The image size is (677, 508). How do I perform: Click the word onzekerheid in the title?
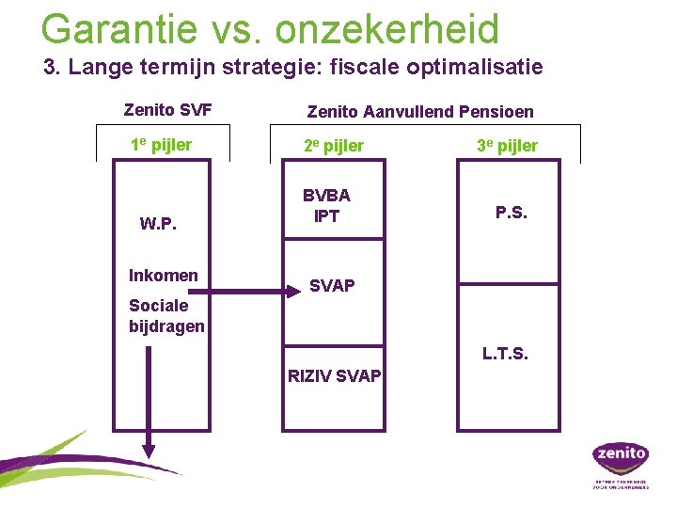pyautogui.click(x=387, y=29)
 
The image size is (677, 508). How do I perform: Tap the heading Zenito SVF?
pyautogui.click(x=167, y=110)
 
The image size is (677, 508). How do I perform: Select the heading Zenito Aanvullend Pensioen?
pyautogui.click(x=420, y=111)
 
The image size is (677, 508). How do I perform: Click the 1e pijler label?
pyautogui.click(x=161, y=145)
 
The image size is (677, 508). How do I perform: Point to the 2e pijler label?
pyautogui.click(x=333, y=146)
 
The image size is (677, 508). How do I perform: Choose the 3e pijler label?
pyautogui.click(x=508, y=146)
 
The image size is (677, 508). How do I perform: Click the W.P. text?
pyautogui.click(x=159, y=224)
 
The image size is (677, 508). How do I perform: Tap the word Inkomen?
pyautogui.click(x=164, y=275)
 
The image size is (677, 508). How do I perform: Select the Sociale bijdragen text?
pyautogui.click(x=166, y=316)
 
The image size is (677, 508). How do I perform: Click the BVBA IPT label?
pyautogui.click(x=326, y=206)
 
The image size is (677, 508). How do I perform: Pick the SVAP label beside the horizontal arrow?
pyautogui.click(x=332, y=286)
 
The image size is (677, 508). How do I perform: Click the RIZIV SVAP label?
pyautogui.click(x=334, y=376)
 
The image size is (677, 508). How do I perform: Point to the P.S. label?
pyautogui.click(x=512, y=213)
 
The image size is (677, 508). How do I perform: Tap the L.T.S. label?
pyautogui.click(x=505, y=354)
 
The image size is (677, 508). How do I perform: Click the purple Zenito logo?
pyautogui.click(x=620, y=456)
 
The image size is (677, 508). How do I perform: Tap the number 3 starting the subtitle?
pyautogui.click(x=50, y=68)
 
